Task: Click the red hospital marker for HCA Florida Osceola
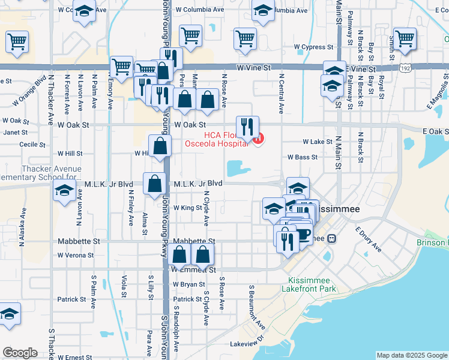click(x=258, y=140)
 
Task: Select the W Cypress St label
click(x=313, y=47)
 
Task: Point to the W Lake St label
click(x=318, y=142)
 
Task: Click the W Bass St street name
click(x=303, y=157)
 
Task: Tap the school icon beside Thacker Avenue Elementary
click(x=63, y=192)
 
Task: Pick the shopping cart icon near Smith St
click(x=406, y=39)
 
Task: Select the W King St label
click(x=187, y=208)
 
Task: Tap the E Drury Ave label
click(x=368, y=238)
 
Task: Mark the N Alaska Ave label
click(x=21, y=227)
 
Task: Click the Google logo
click(x=20, y=352)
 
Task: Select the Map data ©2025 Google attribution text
click(x=411, y=355)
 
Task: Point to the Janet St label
click(x=16, y=132)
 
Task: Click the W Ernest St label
click(x=74, y=357)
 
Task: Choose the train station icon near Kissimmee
click(x=331, y=238)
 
